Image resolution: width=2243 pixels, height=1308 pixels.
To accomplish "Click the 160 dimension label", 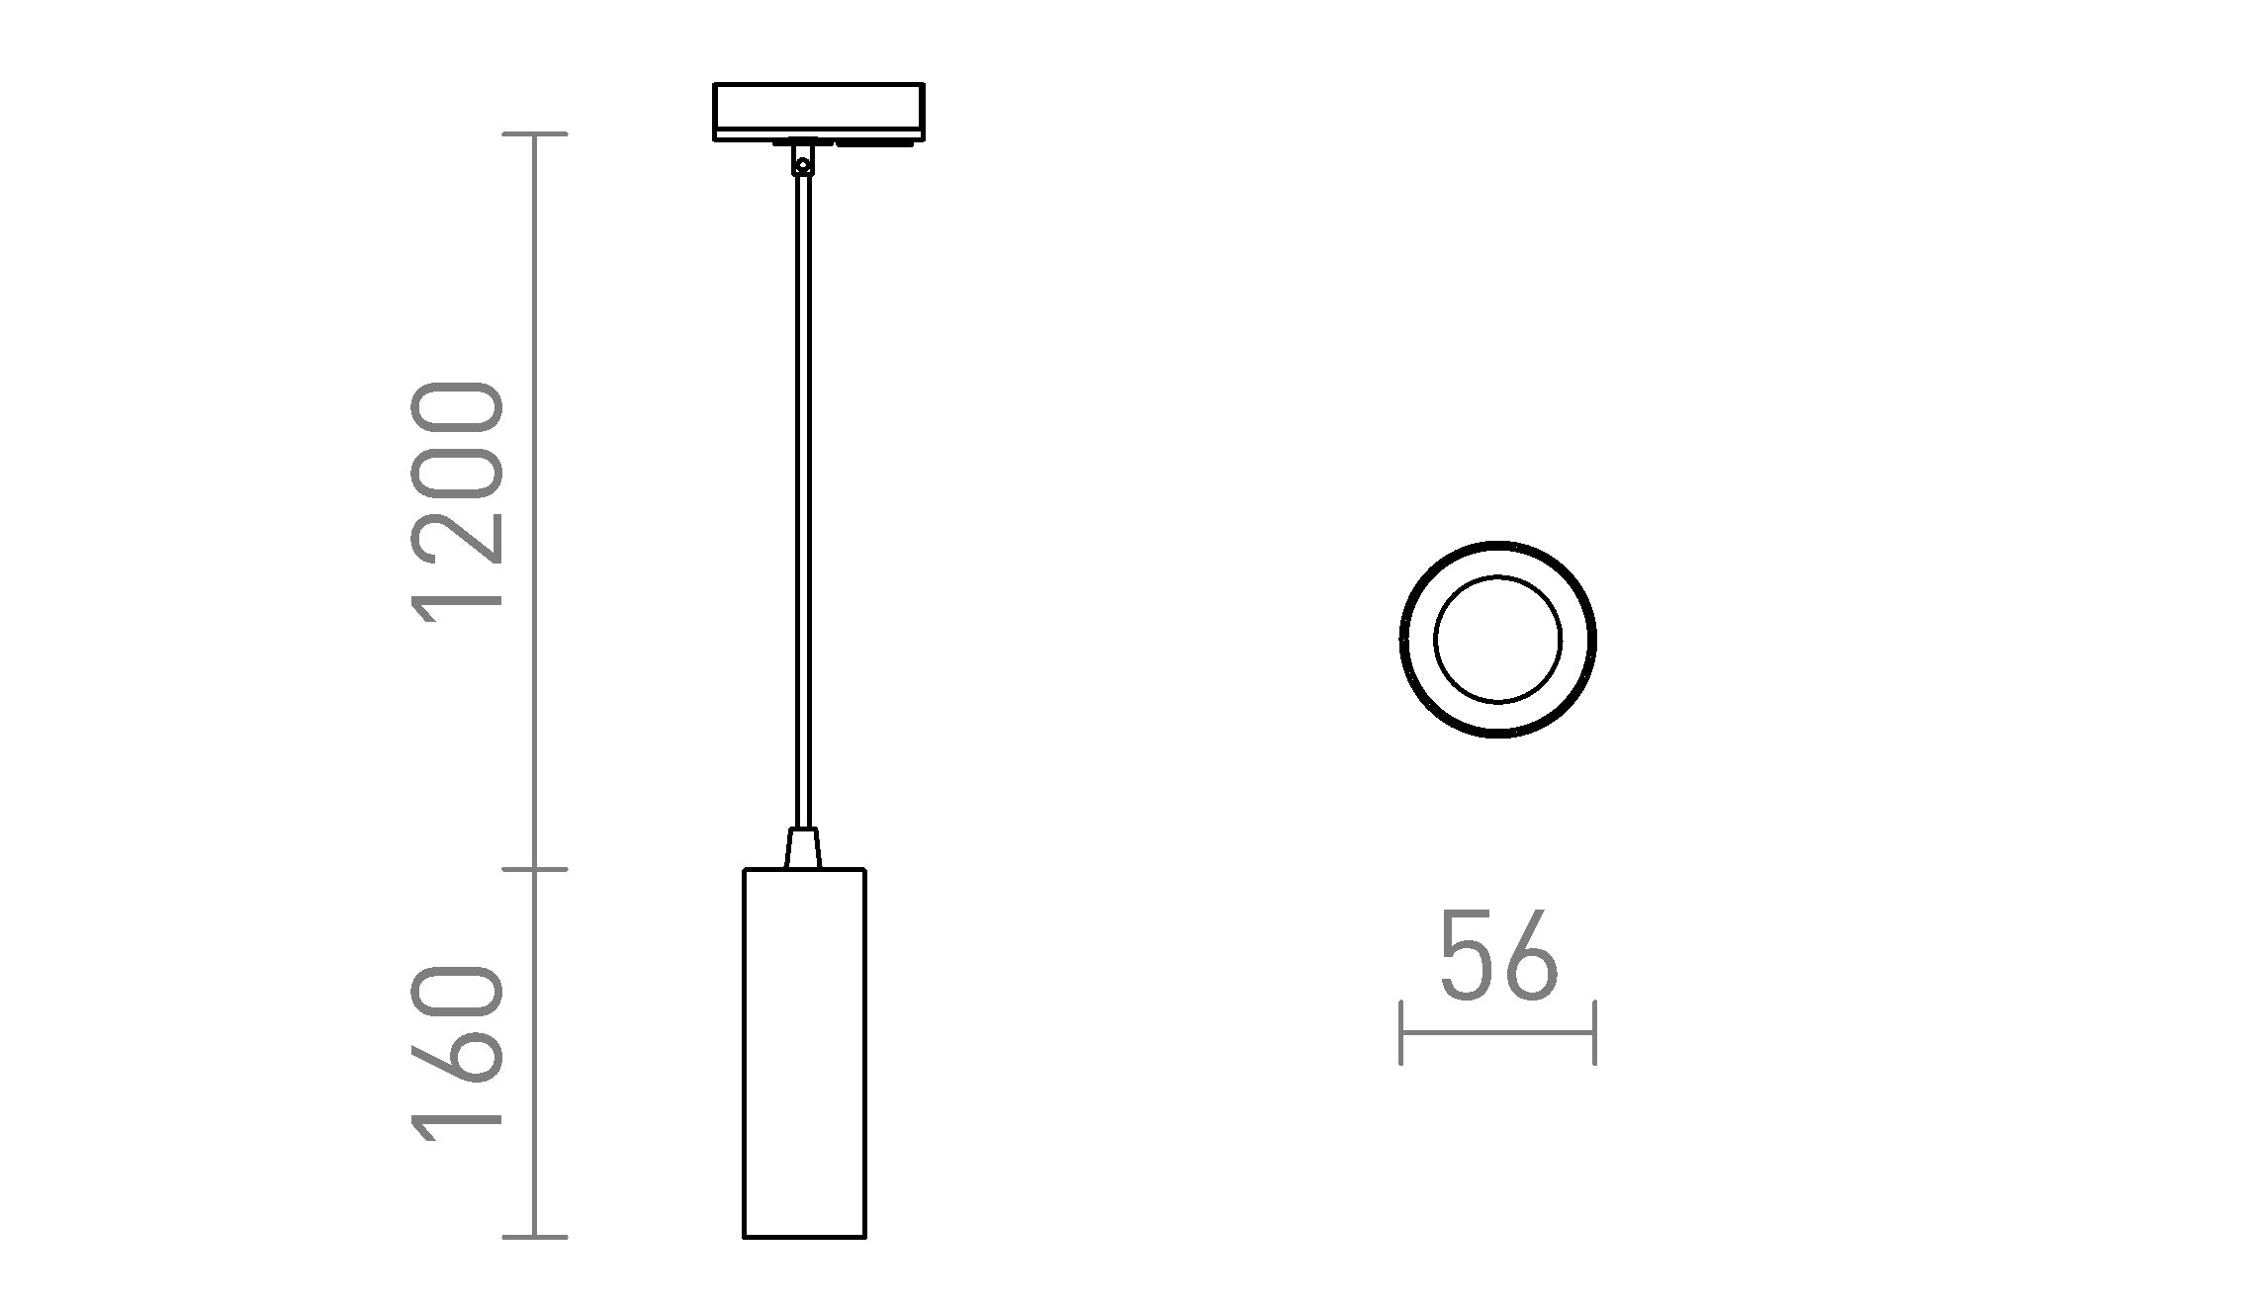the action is [x=458, y=1054].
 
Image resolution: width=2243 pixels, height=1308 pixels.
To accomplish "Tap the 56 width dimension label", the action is [x=1498, y=955].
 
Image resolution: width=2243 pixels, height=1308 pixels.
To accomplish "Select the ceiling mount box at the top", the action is [x=819, y=112].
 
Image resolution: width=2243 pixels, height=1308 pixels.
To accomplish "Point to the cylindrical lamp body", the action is [x=805, y=1053].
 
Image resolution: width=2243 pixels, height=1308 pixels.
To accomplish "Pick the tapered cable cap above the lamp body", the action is [x=803, y=848].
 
